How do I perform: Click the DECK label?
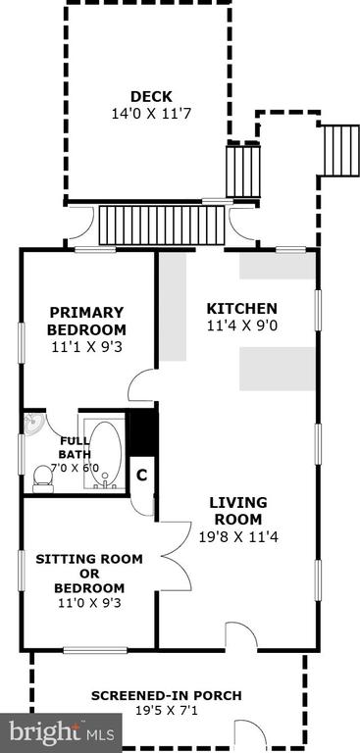click(151, 96)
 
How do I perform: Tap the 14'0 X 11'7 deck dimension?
click(152, 114)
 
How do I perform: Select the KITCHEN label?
click(241, 308)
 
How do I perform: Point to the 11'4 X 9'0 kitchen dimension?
click(242, 326)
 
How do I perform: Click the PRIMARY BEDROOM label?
click(87, 322)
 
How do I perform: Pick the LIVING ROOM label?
click(238, 511)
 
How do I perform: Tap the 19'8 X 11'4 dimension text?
click(239, 536)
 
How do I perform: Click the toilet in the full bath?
click(43, 478)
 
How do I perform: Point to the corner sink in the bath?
click(33, 424)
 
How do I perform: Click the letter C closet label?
click(141, 476)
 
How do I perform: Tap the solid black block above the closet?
click(143, 432)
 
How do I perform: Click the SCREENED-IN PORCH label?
click(167, 695)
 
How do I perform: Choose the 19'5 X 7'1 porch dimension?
click(167, 710)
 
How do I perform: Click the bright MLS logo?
click(61, 732)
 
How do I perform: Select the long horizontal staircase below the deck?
click(162, 225)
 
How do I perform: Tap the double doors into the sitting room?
click(176, 556)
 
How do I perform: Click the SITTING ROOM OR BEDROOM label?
click(89, 574)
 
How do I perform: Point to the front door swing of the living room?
click(241, 635)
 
